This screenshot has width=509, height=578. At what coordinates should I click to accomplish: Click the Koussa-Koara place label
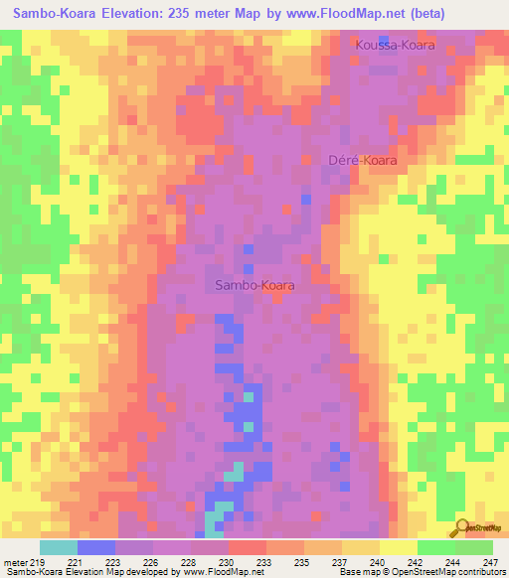pyautogui.click(x=395, y=46)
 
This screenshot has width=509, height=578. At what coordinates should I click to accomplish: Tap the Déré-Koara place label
pyautogui.click(x=369, y=160)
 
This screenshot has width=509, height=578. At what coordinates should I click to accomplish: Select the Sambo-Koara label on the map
pyautogui.click(x=254, y=285)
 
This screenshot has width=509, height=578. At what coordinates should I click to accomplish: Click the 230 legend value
pyautogui.click(x=229, y=561)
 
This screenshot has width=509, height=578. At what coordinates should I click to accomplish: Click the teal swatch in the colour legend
pyautogui.click(x=59, y=546)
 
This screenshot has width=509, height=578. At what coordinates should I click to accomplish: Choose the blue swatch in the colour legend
pyautogui.click(x=96, y=546)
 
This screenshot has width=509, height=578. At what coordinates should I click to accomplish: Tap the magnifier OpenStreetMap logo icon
pyautogui.click(x=462, y=527)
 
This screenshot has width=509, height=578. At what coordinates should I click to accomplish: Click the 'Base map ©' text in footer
pyautogui.click(x=362, y=572)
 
